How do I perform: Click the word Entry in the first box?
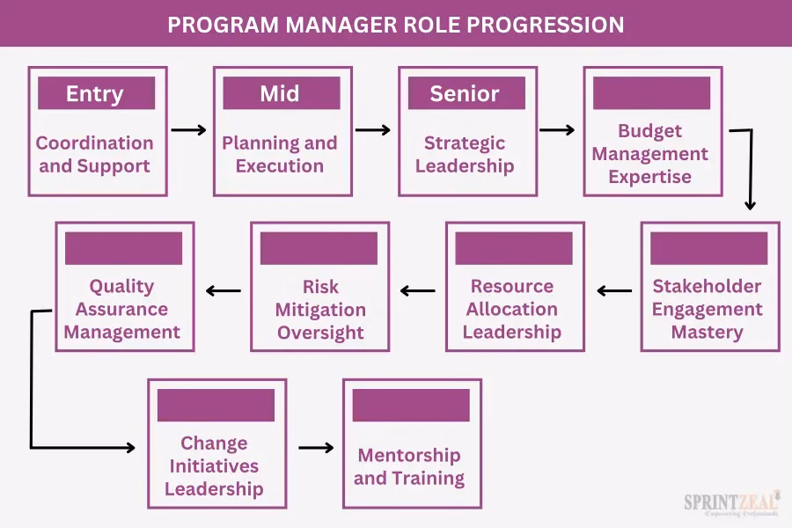click(x=95, y=94)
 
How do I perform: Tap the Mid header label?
click(x=280, y=94)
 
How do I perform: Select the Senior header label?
click(x=465, y=94)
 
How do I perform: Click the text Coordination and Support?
click(x=95, y=154)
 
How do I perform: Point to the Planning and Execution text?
click(x=280, y=154)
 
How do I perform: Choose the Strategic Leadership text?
click(x=465, y=154)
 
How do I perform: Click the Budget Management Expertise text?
click(x=650, y=154)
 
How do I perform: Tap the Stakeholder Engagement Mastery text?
click(x=708, y=309)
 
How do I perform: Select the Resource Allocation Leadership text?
click(x=512, y=309)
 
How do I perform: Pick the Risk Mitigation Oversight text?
click(x=320, y=309)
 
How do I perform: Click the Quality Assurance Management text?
click(x=122, y=309)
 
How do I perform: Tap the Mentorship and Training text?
click(x=409, y=466)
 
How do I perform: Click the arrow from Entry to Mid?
click(x=188, y=130)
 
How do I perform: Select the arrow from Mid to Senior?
click(x=373, y=130)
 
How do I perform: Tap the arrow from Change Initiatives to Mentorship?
click(x=316, y=448)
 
